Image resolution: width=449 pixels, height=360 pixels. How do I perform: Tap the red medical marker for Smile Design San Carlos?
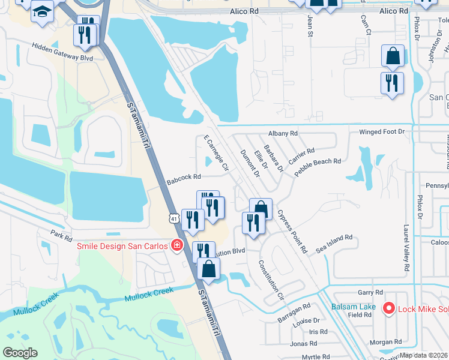pyautogui.click(x=176, y=245)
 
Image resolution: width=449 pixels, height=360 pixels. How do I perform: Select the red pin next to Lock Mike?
pyautogui.click(x=388, y=308)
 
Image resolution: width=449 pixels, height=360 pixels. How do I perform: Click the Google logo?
pyautogui.click(x=20, y=352)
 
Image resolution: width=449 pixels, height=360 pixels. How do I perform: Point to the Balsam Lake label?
pyautogui.click(x=354, y=307)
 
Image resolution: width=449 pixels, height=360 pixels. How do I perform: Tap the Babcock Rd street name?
pyautogui.click(x=183, y=177)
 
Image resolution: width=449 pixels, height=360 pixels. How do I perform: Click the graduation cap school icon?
pyautogui.click(x=43, y=11)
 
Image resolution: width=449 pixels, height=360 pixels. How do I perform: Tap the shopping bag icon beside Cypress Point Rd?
pyautogui.click(x=261, y=209)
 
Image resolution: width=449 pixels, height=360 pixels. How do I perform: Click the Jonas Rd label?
pyautogui.click(x=303, y=343)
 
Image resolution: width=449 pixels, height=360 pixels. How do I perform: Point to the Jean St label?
pyautogui.click(x=310, y=28)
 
